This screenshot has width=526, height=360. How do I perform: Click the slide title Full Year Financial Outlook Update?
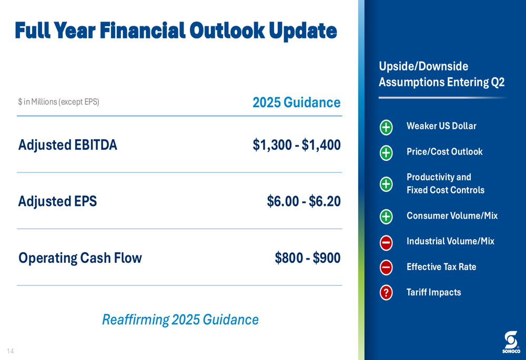176,30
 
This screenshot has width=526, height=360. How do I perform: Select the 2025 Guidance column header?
297,102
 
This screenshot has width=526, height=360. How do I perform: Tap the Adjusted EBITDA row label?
68,145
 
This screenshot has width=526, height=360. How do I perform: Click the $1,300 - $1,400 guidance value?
297,145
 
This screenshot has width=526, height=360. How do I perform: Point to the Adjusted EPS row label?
57,201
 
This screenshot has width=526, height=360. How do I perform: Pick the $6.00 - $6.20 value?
304,201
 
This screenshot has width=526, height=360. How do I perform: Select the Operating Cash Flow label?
80,258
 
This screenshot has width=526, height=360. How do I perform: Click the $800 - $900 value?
308,258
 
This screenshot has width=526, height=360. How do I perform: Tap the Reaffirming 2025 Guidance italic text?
180,320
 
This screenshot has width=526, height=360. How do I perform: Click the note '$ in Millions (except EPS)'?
59,102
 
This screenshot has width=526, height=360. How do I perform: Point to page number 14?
11,351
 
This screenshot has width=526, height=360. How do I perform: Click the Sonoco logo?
511,342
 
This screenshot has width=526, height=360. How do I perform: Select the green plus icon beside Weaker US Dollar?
386,127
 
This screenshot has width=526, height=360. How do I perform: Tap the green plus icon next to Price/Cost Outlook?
386,153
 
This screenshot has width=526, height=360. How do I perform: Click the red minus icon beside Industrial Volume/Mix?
386,242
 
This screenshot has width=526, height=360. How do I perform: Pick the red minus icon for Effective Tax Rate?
386,268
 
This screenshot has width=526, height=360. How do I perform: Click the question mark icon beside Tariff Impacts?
386,292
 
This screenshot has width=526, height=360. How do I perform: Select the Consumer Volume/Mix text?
452,215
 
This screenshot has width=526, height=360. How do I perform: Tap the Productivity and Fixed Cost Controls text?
446,183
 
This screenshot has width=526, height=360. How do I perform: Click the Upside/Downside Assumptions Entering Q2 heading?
442,74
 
